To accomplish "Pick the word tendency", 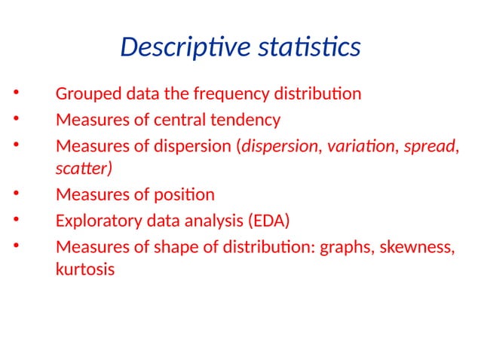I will coord(249,120).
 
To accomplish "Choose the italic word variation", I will coord(359,145).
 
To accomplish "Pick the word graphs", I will coord(345,246).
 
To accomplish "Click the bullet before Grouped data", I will coord(16,95).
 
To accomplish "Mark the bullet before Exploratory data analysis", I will coord(16,221).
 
